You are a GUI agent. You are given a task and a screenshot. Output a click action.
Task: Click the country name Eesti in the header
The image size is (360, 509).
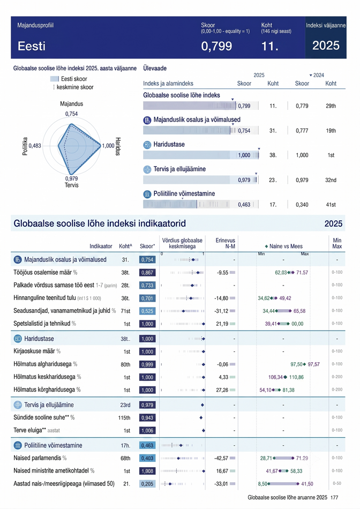tap(32, 46)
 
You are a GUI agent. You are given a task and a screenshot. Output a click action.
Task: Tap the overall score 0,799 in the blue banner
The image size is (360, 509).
tap(216, 46)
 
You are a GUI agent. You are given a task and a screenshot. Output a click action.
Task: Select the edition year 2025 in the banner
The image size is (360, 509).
tap(326, 46)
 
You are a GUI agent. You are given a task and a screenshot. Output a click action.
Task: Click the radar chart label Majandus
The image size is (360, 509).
tap(71, 104)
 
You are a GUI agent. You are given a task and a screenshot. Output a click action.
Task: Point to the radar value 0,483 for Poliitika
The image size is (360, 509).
tap(35, 146)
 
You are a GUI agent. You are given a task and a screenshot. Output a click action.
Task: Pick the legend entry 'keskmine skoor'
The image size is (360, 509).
tap(75, 87)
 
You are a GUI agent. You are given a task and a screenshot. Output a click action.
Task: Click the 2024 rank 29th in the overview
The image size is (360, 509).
tap(331, 106)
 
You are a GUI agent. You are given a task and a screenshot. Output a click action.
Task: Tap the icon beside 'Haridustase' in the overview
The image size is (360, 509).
tap(147, 145)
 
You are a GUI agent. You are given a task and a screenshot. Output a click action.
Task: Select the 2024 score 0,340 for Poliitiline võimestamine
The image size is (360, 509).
tap(302, 205)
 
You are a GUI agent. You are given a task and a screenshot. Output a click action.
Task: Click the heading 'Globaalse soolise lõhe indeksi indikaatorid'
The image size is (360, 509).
tap(100, 223)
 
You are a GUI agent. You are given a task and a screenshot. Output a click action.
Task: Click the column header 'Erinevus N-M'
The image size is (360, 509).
tap(226, 243)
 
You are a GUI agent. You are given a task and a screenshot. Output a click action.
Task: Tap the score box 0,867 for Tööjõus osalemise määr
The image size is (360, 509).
tap(147, 273)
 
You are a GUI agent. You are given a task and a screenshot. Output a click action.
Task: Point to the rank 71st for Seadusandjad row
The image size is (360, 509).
tap(126, 311)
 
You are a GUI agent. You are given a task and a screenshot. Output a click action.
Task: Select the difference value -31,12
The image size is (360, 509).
tap(221, 311)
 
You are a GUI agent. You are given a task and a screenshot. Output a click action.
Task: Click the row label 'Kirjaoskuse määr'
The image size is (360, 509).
tap(34, 351)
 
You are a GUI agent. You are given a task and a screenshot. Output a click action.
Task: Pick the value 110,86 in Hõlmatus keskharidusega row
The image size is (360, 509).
tap(296, 377)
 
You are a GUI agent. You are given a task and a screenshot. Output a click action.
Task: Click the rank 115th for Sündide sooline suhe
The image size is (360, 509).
tap(124, 418)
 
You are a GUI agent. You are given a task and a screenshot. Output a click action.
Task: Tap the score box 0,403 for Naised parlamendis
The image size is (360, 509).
tap(147, 458)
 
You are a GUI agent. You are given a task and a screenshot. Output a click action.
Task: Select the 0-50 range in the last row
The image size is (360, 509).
tap(337, 484)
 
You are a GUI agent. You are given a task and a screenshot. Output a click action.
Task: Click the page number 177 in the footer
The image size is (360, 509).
tap(334, 497)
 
